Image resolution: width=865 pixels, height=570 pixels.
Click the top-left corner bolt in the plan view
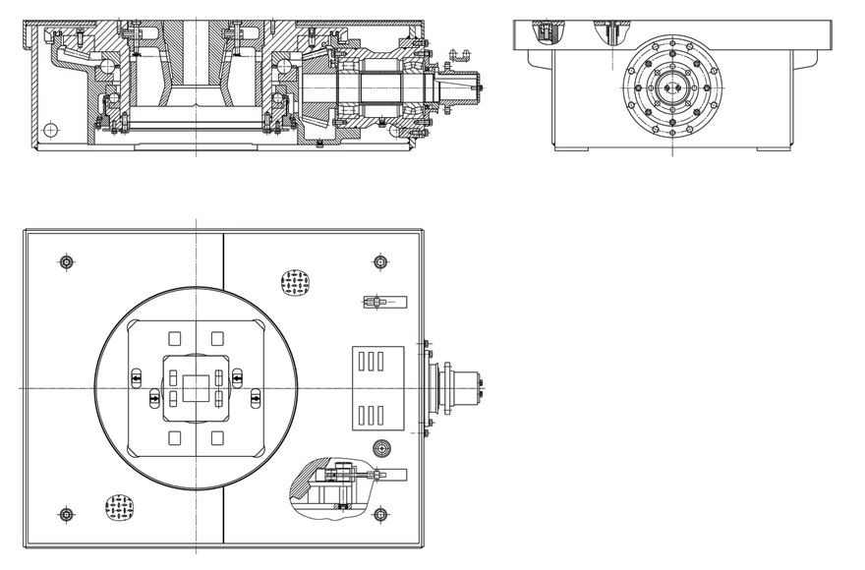coord(65,261)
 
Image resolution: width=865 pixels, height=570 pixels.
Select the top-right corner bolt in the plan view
coord(380,261)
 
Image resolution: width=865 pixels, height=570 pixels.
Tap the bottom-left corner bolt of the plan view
coord(65,514)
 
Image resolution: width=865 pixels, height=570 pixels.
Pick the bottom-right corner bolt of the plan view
coord(380,514)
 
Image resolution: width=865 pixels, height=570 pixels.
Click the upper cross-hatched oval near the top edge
coord(296,283)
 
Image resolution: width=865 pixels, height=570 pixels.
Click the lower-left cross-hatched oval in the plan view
coord(121,508)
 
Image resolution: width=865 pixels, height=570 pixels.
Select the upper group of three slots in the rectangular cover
coord(370,361)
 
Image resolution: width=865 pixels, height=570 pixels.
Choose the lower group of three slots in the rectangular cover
coord(370,413)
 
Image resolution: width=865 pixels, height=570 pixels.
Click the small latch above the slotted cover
coord(377,302)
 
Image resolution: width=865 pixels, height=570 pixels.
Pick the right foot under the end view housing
coord(772,149)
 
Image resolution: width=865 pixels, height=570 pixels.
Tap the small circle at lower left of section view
coord(51,128)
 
